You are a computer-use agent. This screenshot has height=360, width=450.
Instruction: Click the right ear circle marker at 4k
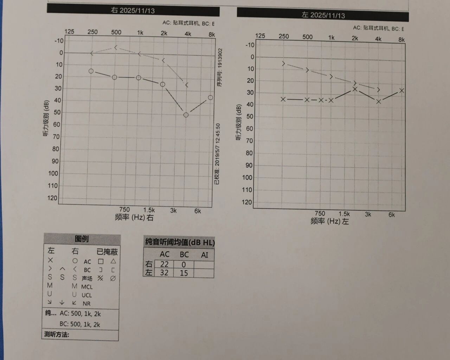point(186,115)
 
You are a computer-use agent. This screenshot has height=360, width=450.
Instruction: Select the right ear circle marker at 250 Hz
point(91,71)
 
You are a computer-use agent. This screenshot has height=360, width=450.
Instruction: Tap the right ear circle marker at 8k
point(210,97)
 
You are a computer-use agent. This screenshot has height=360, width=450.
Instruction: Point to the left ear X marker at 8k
point(402,91)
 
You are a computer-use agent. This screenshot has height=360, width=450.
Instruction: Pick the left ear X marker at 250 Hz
point(283,99)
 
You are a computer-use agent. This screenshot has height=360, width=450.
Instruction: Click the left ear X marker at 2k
point(355,89)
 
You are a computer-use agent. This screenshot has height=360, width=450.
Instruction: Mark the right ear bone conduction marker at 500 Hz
point(115,48)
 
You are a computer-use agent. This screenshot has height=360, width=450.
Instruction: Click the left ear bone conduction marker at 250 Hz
point(283,64)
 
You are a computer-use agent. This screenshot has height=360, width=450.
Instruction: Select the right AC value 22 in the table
point(164,264)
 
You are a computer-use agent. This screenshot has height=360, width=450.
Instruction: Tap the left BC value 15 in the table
point(184,273)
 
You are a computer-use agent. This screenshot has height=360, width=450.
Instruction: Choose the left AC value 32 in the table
point(164,273)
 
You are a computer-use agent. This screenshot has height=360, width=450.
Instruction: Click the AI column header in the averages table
point(204,255)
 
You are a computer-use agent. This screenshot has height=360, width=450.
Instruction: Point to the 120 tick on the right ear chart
point(52,198)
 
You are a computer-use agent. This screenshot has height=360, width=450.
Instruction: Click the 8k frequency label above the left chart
point(401,40)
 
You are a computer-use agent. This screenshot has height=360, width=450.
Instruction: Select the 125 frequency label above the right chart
point(69,32)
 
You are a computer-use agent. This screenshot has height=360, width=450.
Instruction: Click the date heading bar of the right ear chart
point(133,11)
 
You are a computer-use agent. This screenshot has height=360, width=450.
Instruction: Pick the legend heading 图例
point(82,239)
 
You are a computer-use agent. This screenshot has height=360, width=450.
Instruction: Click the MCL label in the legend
point(87,287)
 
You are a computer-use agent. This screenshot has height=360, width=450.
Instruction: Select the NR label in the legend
point(86,304)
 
